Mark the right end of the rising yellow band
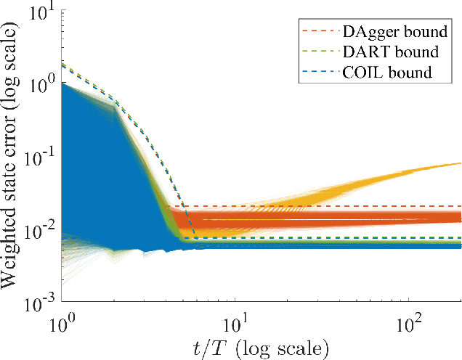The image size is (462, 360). [460, 163]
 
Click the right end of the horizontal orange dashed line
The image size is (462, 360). [461, 206]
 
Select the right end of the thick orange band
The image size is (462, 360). [460, 217]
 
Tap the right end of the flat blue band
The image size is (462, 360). [460, 246]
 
